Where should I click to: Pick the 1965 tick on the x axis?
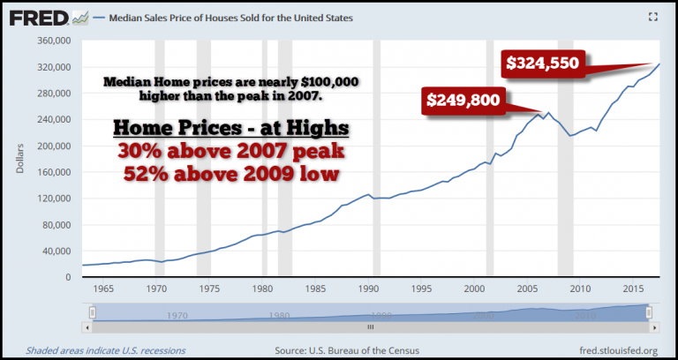104,289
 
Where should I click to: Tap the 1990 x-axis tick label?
371,289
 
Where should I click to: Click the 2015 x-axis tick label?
632,289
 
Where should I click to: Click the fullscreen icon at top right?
654,17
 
